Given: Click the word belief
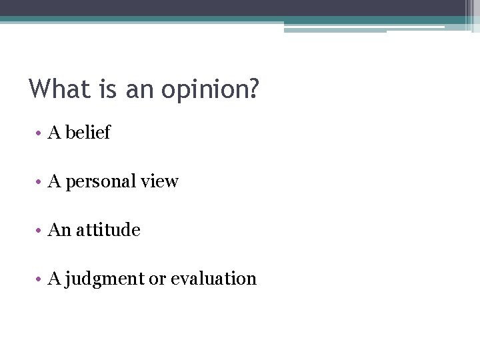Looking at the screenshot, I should [x=89, y=133].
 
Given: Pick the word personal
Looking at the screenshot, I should [x=98, y=181].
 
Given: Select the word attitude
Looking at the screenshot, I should [x=108, y=230].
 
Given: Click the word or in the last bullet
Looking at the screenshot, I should [x=157, y=279].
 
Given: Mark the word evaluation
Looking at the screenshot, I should [x=213, y=279].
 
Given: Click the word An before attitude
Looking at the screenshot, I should [x=59, y=230].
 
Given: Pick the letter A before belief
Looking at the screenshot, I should [x=54, y=133].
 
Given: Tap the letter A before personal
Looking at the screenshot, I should [x=54, y=181].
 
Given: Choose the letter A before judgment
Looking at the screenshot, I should [x=54, y=279].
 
